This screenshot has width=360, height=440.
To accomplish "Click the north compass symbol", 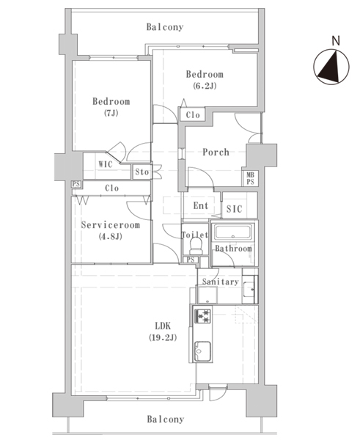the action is pos(331,67).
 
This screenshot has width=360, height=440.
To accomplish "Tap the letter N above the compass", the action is pos(336,40).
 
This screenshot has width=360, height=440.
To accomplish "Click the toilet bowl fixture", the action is pos(195,246).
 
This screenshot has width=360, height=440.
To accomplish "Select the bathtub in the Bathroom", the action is pos(232,232).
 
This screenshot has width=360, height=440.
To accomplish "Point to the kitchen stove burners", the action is pos(202,316).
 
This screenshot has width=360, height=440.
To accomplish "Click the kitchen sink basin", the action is pos(202,351).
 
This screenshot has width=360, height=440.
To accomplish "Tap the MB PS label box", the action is pos(250,178).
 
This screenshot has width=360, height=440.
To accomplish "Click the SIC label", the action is pos(234,209).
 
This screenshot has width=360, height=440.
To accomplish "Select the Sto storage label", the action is pos(142,172).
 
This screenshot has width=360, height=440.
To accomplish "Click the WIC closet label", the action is pos(106,164).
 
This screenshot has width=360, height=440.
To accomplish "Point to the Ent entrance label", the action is pos(201,205).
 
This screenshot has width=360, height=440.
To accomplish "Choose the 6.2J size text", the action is pos(205,86).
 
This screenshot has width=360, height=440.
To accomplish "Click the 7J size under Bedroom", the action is pos(111,113).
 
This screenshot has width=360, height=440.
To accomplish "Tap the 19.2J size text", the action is pos(163,337).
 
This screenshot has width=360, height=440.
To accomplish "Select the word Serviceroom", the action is pos(110,225).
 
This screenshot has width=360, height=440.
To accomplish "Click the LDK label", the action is pos(163,326).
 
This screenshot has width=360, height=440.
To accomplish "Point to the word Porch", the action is pos(216,152).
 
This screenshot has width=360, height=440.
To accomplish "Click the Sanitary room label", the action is pos(220,282).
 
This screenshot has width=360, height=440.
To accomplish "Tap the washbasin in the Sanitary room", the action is pos(249,289).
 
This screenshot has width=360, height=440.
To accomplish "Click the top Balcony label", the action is pos(165,27).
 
